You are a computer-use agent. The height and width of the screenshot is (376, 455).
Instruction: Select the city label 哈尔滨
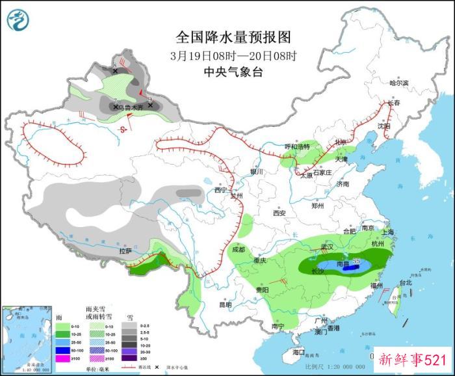point(398,83)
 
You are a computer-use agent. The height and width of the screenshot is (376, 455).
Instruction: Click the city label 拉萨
point(125,250)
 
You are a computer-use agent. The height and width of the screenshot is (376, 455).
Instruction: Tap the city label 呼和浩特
point(298,146)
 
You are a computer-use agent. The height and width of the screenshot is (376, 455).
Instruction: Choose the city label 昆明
point(225,304)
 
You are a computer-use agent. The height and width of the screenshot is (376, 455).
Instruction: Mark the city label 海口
point(298,352)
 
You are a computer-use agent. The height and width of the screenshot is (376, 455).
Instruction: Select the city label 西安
point(279,213)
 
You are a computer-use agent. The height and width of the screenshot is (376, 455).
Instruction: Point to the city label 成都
point(237,249)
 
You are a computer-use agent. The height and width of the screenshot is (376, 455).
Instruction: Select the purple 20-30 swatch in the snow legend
point(132,351)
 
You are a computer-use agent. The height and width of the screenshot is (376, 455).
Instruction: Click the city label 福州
point(376,285)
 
